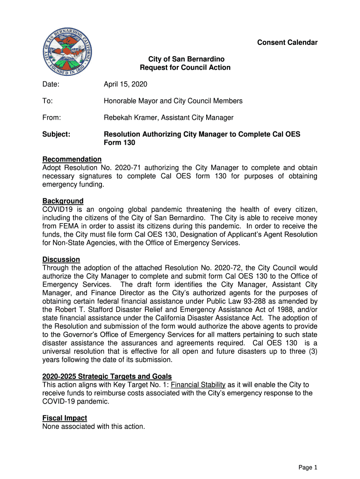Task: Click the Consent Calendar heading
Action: (x=287, y=43)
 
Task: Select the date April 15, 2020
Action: (x=125, y=84)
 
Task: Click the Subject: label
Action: (x=56, y=134)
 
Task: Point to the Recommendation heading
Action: (x=72, y=160)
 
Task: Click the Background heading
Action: (x=63, y=201)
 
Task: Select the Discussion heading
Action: (x=61, y=260)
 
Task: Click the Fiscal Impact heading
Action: (x=65, y=418)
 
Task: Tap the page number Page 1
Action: (x=308, y=467)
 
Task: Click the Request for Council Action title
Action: (x=185, y=67)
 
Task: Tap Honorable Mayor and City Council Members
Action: (x=173, y=101)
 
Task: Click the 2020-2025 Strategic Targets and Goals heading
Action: (x=107, y=377)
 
